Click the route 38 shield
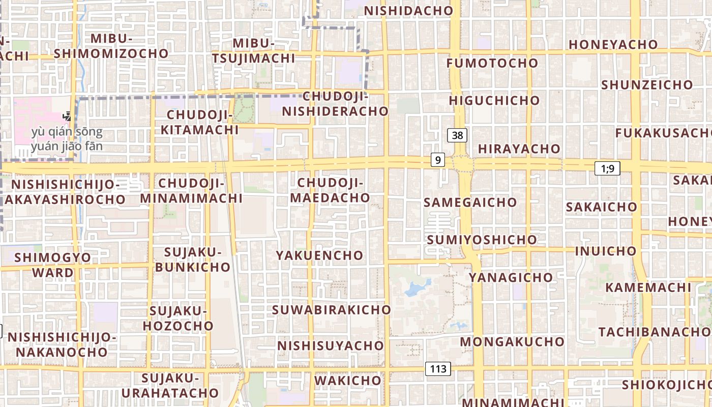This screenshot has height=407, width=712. [457, 135]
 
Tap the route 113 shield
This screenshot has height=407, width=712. [438, 369]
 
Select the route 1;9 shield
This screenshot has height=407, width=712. [607, 168]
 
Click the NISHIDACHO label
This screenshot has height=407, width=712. [408, 11]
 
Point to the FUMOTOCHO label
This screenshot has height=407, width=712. [492, 63]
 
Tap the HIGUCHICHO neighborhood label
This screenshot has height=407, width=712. [494, 100]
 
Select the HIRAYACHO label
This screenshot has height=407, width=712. [519, 149]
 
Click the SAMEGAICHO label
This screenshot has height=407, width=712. [470, 202]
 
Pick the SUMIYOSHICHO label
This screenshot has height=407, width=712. [482, 240]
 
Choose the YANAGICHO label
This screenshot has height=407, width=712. [511, 277]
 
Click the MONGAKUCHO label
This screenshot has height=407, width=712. [512, 341]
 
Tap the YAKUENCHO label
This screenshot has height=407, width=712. [319, 255]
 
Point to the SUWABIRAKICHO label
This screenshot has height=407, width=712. [332, 309]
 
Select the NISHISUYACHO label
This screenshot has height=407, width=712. [331, 346]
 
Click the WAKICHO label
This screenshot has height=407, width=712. [348, 380]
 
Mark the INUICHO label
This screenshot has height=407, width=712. [605, 251]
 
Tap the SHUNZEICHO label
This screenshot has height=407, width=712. [647, 84]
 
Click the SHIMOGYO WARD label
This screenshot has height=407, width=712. [53, 265]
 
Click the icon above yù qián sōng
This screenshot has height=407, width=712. [67, 117]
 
